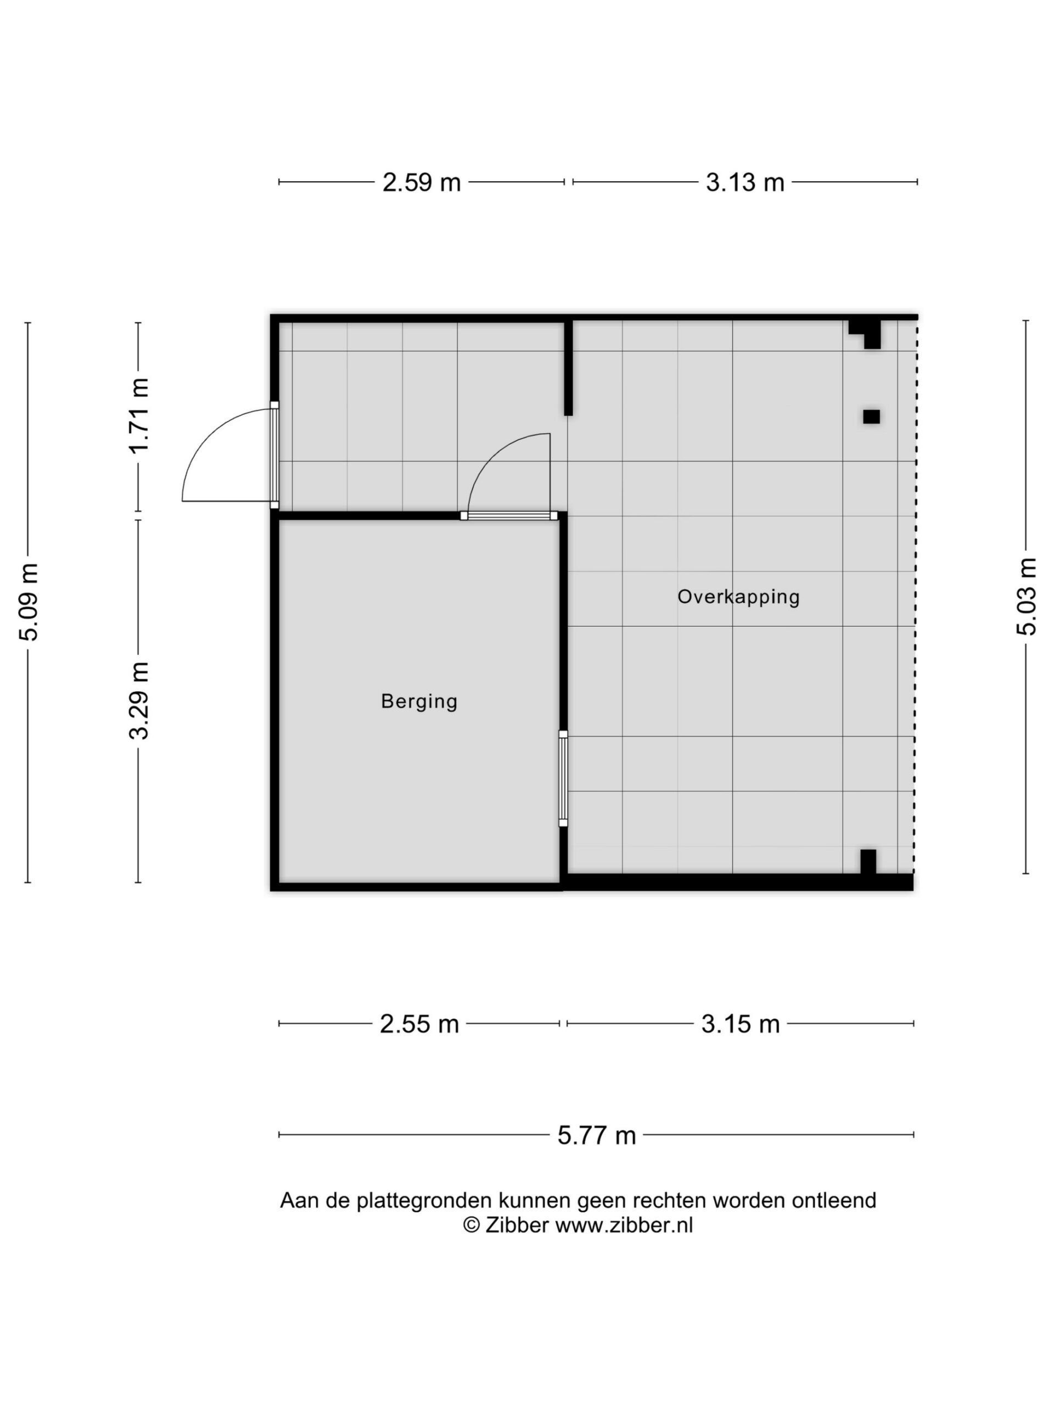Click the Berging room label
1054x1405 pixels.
[x=419, y=701]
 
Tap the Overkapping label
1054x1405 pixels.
[x=738, y=597]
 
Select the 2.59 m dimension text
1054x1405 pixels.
[x=421, y=182]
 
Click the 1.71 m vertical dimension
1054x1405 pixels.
[x=139, y=415]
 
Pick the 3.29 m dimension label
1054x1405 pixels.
[x=139, y=701]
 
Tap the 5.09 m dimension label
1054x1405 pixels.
[x=29, y=602]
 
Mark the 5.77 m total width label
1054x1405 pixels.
[x=597, y=1135]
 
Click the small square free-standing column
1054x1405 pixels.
[x=871, y=417]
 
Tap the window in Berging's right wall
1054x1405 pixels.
[x=563, y=778]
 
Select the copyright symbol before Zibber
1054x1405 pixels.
[x=471, y=1225]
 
